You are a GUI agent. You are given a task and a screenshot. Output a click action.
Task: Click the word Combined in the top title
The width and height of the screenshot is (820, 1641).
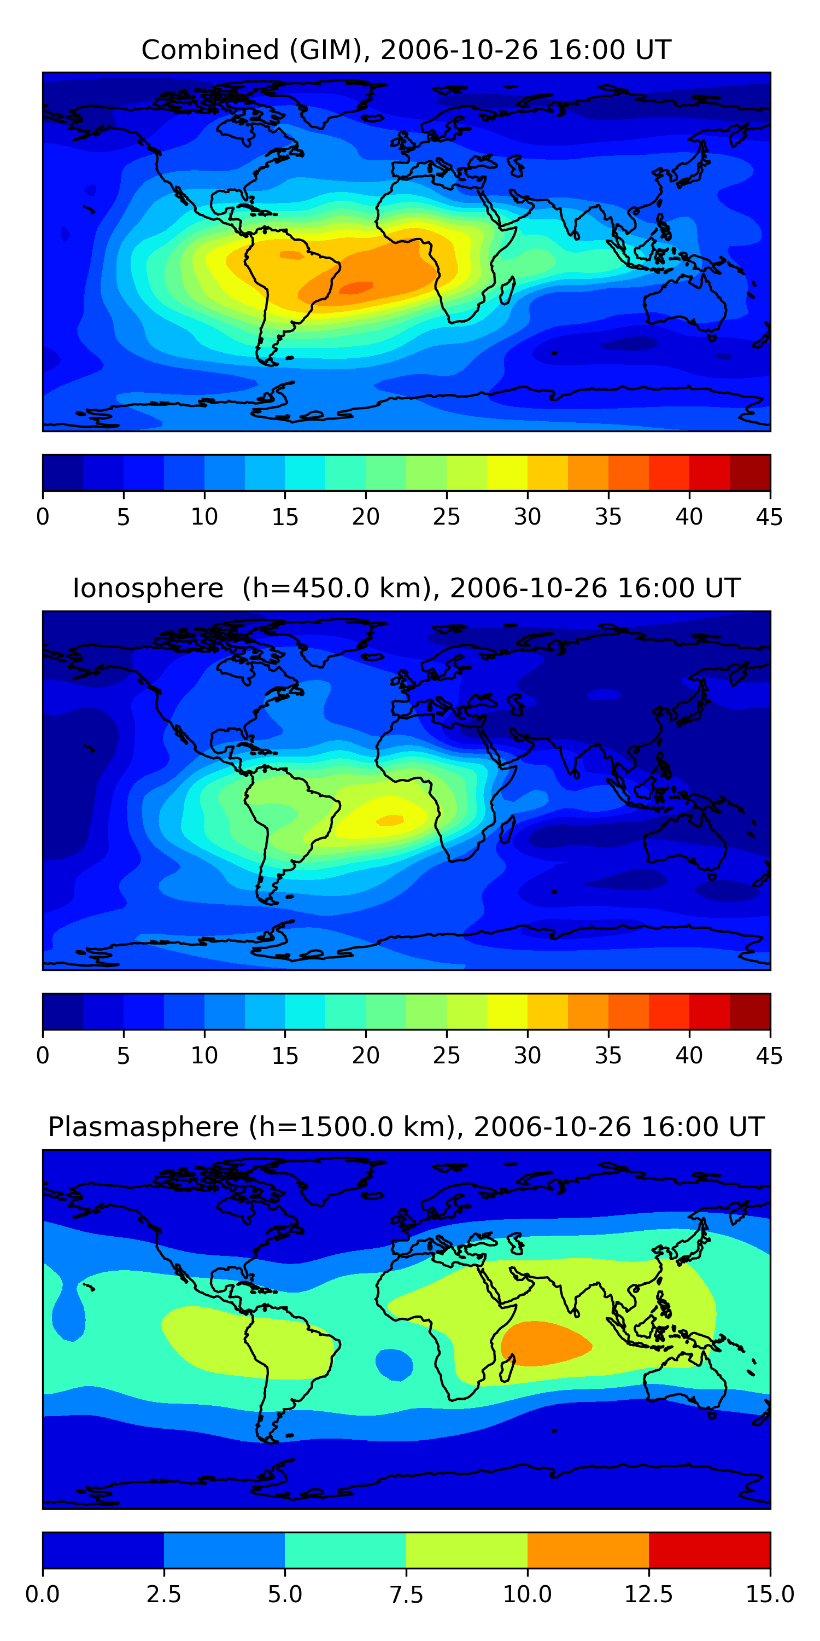point(210,50)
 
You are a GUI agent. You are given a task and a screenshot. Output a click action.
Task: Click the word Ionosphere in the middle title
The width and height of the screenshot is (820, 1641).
point(148,588)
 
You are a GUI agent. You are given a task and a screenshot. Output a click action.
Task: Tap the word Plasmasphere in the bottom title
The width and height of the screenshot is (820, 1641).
point(143,1128)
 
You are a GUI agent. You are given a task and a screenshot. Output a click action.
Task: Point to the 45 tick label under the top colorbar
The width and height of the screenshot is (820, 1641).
point(769,516)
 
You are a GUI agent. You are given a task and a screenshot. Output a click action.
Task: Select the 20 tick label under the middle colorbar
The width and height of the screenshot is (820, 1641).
point(365,1056)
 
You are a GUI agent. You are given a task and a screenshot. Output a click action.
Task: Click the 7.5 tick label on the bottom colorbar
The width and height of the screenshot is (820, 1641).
point(406,1595)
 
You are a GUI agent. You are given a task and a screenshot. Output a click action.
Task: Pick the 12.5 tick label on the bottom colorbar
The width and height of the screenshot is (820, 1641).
point(648,1595)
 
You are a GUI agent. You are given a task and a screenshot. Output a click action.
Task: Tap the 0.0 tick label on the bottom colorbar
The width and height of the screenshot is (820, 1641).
point(43,1595)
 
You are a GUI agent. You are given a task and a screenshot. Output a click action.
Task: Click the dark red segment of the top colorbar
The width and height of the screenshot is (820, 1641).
point(750,473)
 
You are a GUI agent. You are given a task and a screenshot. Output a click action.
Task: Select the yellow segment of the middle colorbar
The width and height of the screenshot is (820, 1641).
point(507,1011)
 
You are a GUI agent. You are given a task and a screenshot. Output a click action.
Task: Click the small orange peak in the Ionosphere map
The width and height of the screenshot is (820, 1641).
point(390,820)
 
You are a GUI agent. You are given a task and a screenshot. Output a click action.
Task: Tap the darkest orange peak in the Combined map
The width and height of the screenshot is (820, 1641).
point(356,288)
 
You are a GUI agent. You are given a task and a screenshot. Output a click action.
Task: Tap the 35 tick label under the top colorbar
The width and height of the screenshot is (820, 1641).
point(608,516)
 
